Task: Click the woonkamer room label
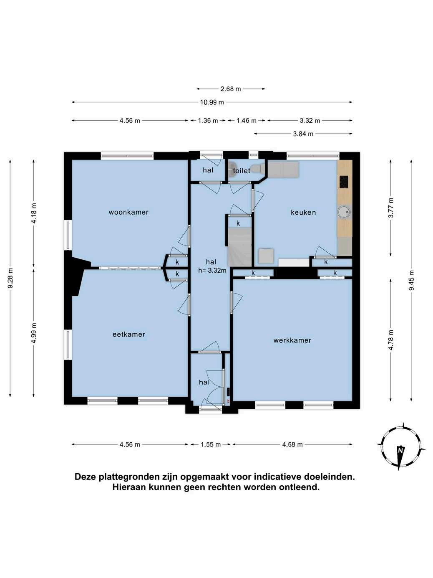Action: [128, 212]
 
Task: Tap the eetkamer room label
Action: [129, 335]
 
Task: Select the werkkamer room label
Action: [292, 340]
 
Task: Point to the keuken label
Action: [303, 213]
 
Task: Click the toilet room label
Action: [242, 171]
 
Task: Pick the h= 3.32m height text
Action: [212, 270]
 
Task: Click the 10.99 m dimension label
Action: [212, 102]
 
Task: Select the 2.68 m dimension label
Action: [231, 89]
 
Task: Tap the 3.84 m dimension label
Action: [303, 134]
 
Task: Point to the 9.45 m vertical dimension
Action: [411, 280]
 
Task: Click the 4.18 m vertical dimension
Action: [34, 213]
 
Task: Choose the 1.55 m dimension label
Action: [211, 445]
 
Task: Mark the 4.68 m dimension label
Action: [292, 445]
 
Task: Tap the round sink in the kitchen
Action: [344, 211]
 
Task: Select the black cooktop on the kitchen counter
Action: [344, 182]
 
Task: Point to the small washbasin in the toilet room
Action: [232, 169]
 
